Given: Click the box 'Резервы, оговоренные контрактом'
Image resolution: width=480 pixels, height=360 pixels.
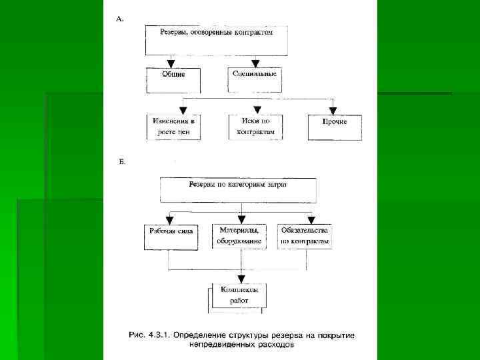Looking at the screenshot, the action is (x=217, y=40).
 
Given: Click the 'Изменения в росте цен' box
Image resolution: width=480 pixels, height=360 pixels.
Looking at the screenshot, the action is (x=173, y=126).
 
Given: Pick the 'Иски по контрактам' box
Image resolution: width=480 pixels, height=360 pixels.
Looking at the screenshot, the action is (x=255, y=126).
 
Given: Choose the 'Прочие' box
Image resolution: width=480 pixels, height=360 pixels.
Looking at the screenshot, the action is (x=335, y=127).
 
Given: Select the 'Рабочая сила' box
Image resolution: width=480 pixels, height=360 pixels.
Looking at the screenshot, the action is (x=171, y=236).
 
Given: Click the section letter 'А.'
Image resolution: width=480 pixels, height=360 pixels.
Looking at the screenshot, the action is (x=120, y=20).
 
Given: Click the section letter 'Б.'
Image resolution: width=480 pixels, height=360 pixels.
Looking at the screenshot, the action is (x=121, y=162).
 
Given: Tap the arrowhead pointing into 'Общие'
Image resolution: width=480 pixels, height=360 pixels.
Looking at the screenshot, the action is (x=171, y=64).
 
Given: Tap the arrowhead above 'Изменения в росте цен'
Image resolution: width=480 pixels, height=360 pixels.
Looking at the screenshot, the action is (x=181, y=109).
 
